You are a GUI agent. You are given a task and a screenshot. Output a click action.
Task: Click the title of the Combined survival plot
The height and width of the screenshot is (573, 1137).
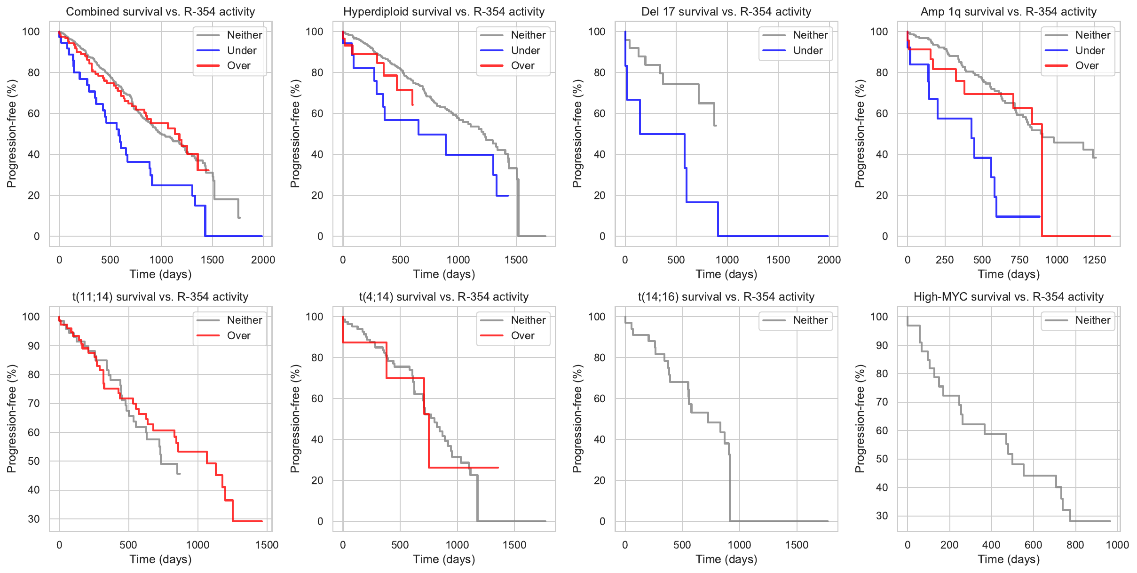click(160, 12)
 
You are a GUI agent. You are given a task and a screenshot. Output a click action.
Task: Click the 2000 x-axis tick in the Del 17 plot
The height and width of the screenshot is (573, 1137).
click(829, 260)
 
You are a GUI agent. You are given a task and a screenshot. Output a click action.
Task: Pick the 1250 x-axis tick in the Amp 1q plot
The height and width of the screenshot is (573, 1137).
click(1094, 260)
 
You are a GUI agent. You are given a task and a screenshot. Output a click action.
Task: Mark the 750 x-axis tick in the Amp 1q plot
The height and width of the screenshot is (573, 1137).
click(1019, 260)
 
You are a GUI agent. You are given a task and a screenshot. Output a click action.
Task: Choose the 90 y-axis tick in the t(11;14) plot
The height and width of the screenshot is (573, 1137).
click(34, 346)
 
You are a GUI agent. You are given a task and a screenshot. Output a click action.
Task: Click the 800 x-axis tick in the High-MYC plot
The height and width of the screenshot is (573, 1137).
click(1075, 545)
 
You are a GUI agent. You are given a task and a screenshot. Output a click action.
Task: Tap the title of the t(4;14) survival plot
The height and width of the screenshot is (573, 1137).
click(444, 297)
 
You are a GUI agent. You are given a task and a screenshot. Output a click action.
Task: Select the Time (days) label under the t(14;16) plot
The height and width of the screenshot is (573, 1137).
click(726, 559)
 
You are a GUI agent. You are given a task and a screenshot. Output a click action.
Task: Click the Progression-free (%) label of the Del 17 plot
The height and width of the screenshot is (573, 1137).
click(577, 134)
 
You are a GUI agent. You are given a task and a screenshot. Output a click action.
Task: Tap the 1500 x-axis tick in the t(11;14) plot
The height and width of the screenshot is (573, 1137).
click(267, 545)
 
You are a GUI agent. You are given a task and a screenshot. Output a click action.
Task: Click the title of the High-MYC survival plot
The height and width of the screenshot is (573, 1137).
click(1008, 297)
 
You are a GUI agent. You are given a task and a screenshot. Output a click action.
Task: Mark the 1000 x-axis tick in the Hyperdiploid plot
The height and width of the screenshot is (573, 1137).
click(458, 260)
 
